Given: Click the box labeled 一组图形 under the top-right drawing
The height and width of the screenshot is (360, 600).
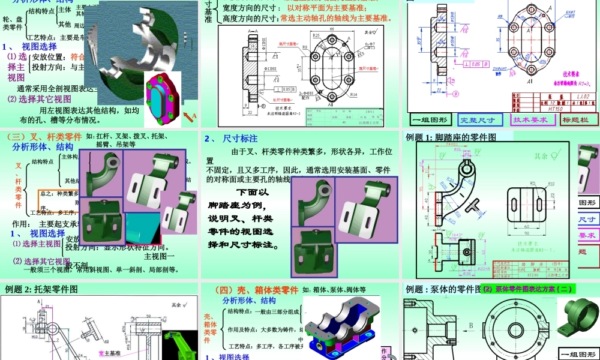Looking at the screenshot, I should tap(429, 119).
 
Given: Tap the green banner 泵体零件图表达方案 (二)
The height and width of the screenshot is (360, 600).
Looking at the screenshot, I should tap(529, 289).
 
